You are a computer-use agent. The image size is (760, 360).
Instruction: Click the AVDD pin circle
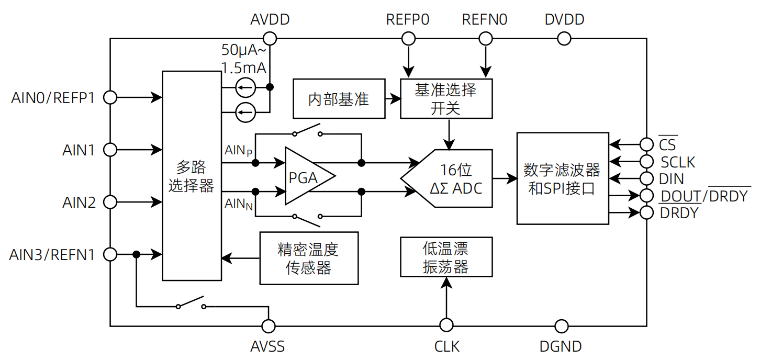270,38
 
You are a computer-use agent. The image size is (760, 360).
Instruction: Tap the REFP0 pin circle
408,38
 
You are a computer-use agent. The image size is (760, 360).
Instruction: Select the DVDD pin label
564,20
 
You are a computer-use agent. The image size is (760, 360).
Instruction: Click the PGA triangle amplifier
306,176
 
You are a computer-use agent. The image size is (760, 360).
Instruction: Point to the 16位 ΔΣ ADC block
450,178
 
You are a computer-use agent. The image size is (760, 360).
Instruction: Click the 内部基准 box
339,99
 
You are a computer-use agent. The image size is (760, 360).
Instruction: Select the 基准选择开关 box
446,99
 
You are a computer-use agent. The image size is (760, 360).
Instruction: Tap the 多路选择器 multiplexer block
192,176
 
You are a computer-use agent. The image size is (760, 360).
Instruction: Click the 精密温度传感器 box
309,258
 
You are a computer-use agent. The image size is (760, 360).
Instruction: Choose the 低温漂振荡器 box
446,256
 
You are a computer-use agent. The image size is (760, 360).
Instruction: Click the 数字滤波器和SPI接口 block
563,178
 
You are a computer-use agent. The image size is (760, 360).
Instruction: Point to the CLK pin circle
446,326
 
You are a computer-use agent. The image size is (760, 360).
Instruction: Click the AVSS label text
267,346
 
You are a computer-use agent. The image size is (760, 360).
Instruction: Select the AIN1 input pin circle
110,150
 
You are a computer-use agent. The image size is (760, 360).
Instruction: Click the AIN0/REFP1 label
53,98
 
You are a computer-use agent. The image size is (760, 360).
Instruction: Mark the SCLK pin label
678,162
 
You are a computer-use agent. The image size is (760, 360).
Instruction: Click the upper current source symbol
245,87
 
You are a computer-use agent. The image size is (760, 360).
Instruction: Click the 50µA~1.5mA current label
244,59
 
